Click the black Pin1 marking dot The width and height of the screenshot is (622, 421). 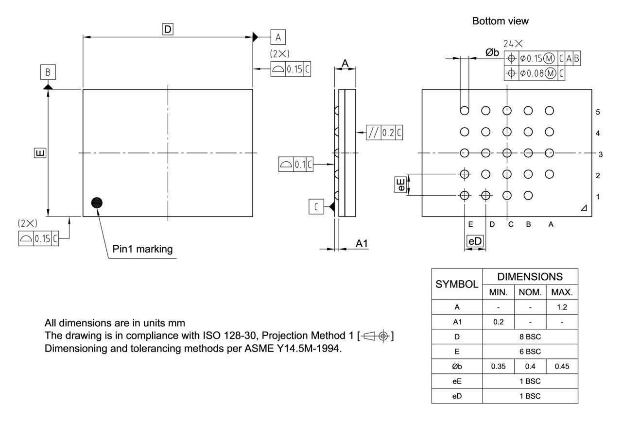pyautogui.click(x=97, y=203)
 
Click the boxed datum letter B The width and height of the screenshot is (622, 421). pyautogui.click(x=48, y=72)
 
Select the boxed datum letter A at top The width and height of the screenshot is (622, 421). pyautogui.click(x=278, y=37)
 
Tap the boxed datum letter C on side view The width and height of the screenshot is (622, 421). pyautogui.click(x=316, y=207)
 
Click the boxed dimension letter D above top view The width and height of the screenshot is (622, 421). pyautogui.click(x=167, y=30)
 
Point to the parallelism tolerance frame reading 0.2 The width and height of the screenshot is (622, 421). pyautogui.click(x=384, y=132)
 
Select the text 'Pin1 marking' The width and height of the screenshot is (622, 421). pyautogui.click(x=142, y=250)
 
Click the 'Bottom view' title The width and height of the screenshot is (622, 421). pyautogui.click(x=500, y=21)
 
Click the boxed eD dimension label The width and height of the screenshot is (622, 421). pyautogui.click(x=475, y=241)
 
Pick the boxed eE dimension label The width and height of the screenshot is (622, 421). pyautogui.click(x=400, y=185)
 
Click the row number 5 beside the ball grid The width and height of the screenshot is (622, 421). pyautogui.click(x=598, y=112)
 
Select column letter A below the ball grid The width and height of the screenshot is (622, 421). pyautogui.click(x=550, y=224)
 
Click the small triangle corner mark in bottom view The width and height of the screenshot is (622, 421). pyautogui.click(x=583, y=208)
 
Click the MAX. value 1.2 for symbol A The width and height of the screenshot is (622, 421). pyautogui.click(x=562, y=307)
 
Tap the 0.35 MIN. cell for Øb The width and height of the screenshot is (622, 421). pyautogui.click(x=499, y=367)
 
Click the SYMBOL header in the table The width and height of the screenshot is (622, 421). pyautogui.click(x=457, y=284)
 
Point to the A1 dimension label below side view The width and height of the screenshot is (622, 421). pyautogui.click(x=362, y=244)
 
